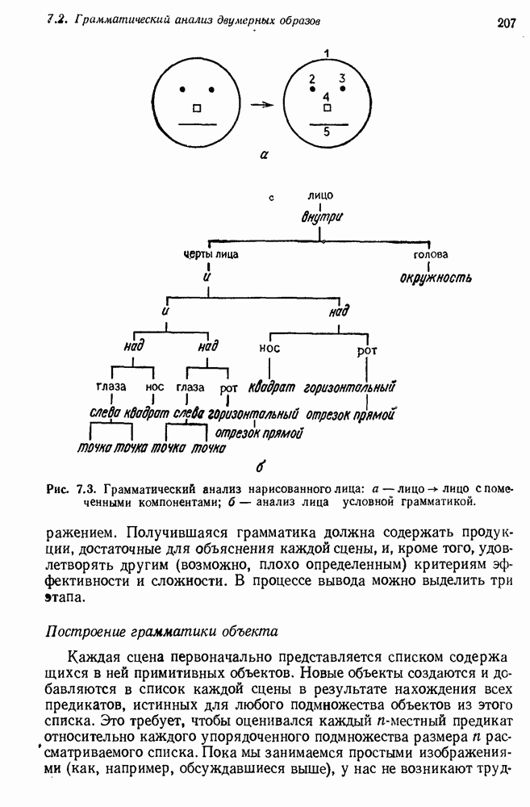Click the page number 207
pos(506,23)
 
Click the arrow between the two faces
pos(259,104)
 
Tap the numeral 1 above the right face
pos(326,54)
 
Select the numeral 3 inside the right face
pos(342,78)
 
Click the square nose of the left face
pos(195,107)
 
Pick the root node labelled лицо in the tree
pos(320,195)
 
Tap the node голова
pos(430,255)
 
